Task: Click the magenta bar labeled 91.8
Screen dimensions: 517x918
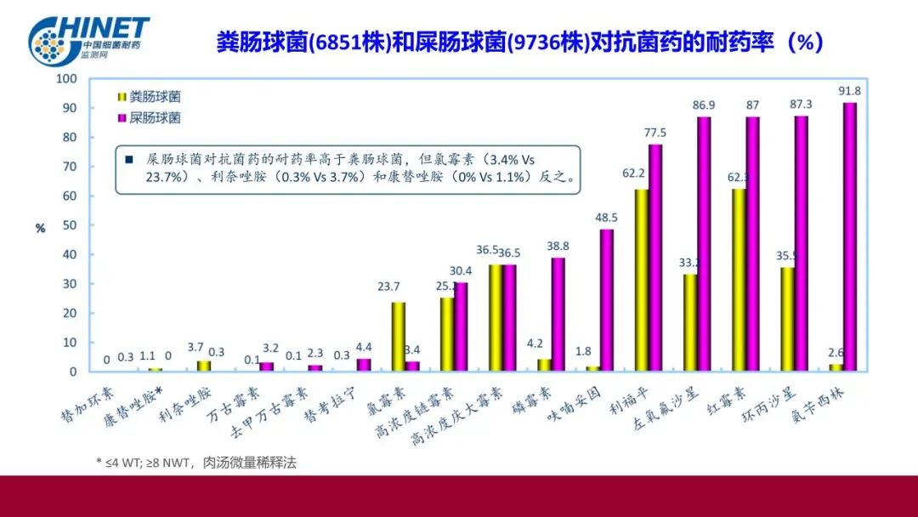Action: [x=850, y=236]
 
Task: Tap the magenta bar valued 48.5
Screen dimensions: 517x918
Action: [x=607, y=300]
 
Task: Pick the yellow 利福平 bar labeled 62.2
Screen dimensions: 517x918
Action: [x=642, y=281]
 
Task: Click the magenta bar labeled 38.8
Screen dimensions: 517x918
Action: [x=558, y=315]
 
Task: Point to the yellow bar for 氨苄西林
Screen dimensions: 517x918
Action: [x=836, y=367]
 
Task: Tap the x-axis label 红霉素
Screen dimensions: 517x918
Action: [x=719, y=403]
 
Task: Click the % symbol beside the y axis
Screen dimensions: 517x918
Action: [x=39, y=228]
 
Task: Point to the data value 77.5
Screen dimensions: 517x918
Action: [x=654, y=133]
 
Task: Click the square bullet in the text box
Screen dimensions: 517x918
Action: [x=128, y=159]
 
